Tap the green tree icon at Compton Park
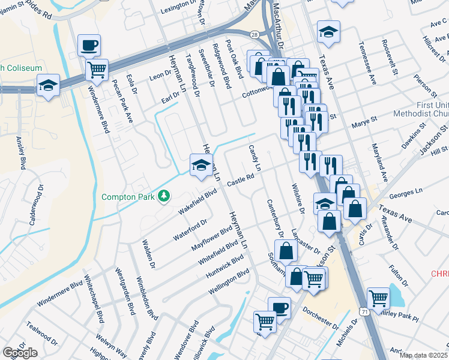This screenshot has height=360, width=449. point(163,196)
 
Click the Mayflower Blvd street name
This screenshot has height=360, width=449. point(211,239)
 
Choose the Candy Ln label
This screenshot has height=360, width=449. point(255,157)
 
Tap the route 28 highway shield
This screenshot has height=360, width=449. point(255,35)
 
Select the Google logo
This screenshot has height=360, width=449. point(20,353)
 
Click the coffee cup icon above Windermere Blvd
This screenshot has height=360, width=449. point(89,45)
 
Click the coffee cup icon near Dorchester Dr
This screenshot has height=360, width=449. point(279,308)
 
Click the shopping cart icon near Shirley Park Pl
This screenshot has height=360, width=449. point(378,298)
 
